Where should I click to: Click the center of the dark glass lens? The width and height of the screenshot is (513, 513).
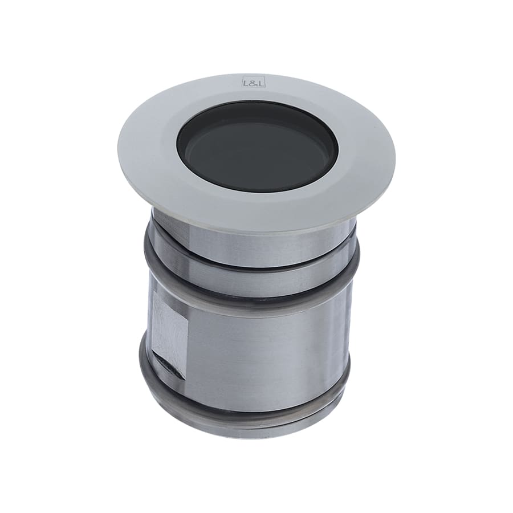(x=258, y=147)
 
